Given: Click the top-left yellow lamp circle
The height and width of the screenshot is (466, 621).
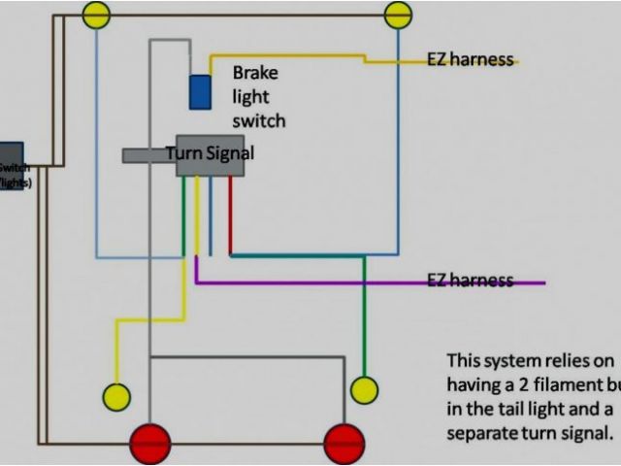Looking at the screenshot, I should [x=96, y=15].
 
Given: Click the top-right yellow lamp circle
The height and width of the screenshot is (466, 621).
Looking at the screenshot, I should [x=398, y=15].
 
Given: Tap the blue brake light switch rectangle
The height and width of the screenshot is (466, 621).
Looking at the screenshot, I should [x=201, y=91].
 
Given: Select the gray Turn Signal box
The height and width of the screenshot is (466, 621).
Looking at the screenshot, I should [x=210, y=155].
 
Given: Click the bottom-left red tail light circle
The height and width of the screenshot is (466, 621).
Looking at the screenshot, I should [x=150, y=444].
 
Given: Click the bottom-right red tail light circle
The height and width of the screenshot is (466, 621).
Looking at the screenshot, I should [x=344, y=444].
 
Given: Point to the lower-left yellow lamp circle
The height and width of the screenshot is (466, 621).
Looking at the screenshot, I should [x=116, y=396].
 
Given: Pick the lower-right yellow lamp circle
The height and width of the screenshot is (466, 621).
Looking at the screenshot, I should [x=364, y=390].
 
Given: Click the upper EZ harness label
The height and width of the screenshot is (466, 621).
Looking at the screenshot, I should [x=470, y=59].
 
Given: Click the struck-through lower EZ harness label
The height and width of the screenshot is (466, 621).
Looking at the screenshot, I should [x=470, y=281].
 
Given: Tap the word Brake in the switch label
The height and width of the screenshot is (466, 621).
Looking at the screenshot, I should [x=254, y=73].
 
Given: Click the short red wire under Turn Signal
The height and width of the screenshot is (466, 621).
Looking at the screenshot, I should [x=230, y=214].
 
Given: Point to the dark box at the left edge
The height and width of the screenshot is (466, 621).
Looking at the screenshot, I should [x=11, y=165].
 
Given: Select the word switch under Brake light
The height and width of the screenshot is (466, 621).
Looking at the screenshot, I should [x=259, y=121].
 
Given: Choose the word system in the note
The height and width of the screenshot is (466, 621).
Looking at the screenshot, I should [x=515, y=359].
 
